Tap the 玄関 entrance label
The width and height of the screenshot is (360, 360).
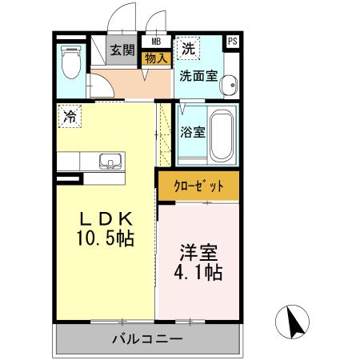pyautogui.click(x=122, y=50)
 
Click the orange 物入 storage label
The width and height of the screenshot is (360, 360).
pyautogui.click(x=156, y=57)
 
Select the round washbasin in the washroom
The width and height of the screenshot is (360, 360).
pyautogui.click(x=227, y=84)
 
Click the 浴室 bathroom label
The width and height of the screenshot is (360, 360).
pyautogui.click(x=192, y=132)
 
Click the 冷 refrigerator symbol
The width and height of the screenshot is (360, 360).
pyautogui.click(x=70, y=116)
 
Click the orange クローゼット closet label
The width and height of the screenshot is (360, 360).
pyautogui.click(x=198, y=186)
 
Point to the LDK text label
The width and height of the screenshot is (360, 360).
pyautogui.click(x=105, y=220)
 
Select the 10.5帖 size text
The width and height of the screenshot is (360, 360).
pyautogui.click(x=105, y=239)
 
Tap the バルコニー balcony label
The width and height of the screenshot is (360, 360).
pyautogui.click(x=146, y=340)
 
